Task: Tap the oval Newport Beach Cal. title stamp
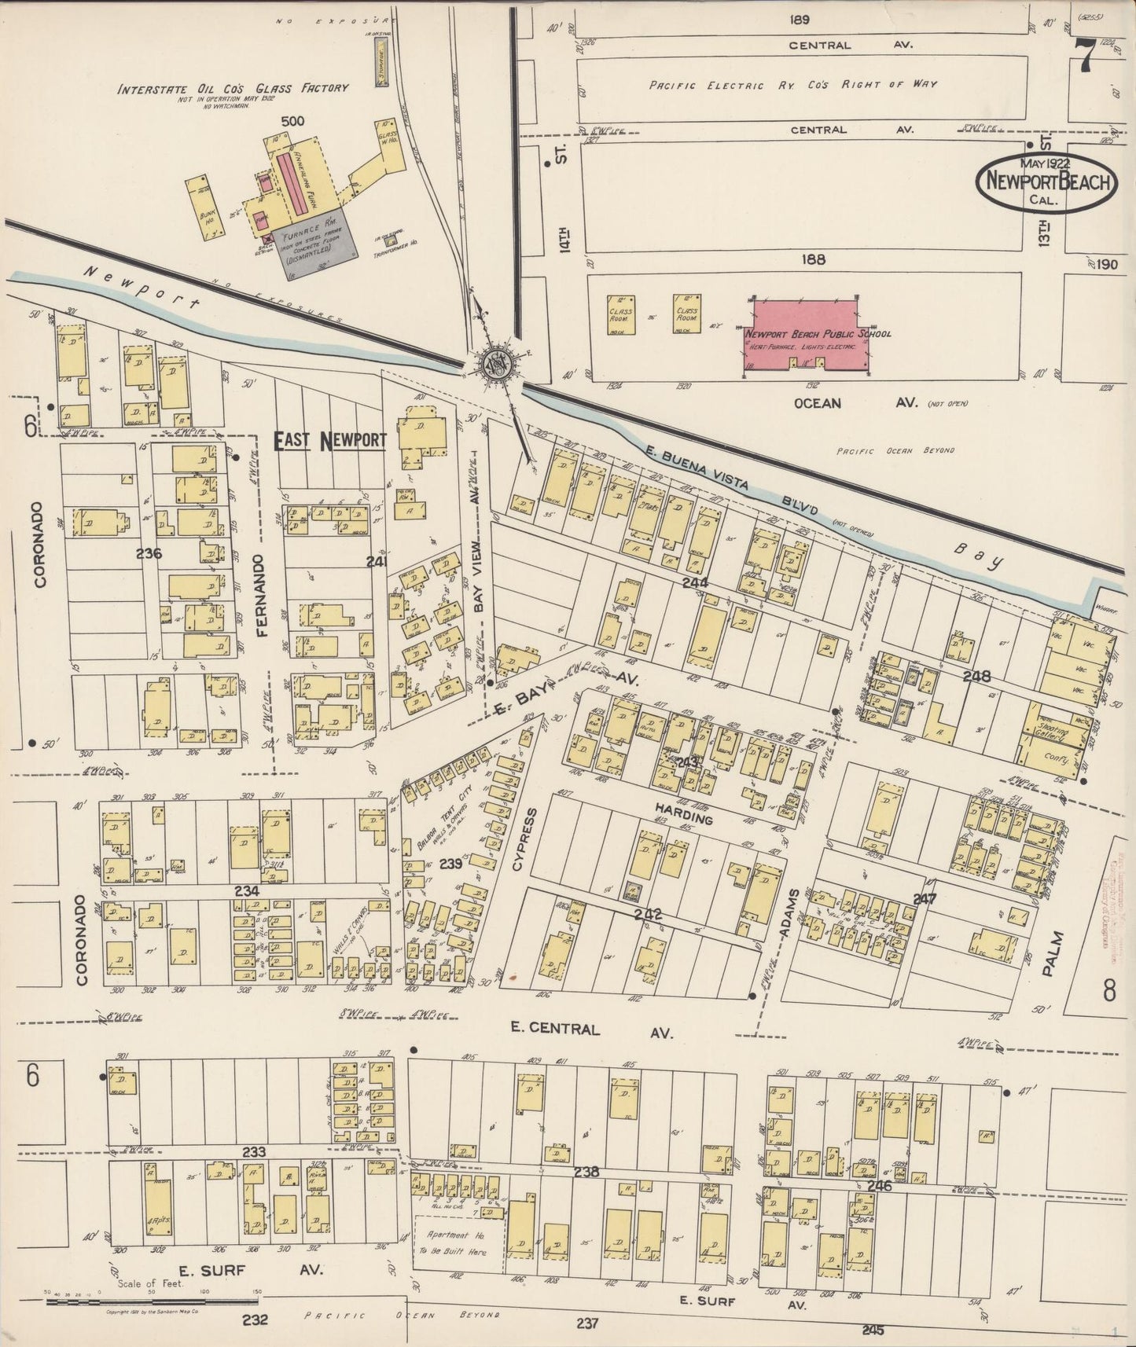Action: pyautogui.click(x=1045, y=182)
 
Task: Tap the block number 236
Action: pyautogui.click(x=148, y=553)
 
